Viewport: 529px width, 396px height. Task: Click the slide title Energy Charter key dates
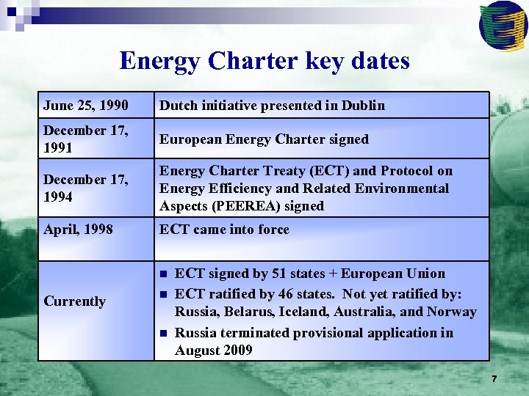[x=264, y=60]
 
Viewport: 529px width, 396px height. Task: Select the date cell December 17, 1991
[x=75, y=139]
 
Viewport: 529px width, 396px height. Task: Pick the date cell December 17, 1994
[x=75, y=188]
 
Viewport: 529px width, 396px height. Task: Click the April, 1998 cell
[x=78, y=230]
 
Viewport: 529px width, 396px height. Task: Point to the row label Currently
[x=75, y=301]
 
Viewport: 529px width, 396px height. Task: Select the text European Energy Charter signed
[x=264, y=139]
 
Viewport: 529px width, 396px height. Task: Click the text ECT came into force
[x=224, y=230]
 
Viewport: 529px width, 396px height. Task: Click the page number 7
[x=494, y=379]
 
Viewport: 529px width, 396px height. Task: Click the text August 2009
[x=213, y=351]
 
